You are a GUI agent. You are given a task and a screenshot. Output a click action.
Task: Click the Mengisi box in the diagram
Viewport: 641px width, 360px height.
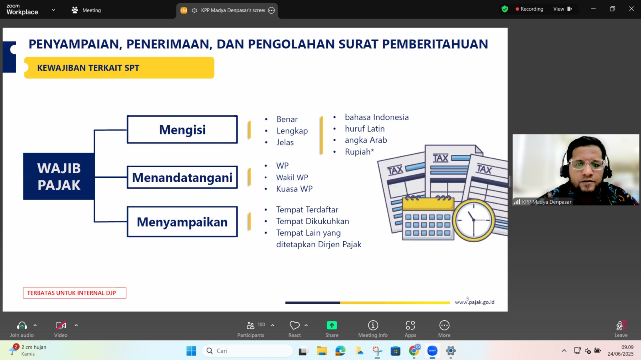(182, 129)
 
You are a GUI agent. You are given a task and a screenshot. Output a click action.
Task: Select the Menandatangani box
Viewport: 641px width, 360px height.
(182, 177)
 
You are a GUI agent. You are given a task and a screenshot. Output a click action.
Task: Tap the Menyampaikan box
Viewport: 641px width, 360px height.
(182, 221)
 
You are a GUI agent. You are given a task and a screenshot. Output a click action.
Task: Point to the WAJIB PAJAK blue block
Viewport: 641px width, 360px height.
(58, 177)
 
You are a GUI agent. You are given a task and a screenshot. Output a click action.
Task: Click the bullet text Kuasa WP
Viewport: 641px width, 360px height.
(294, 189)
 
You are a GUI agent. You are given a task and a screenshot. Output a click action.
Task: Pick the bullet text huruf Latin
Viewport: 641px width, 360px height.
(365, 129)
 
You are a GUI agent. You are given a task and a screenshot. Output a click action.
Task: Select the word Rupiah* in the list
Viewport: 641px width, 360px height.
(359, 151)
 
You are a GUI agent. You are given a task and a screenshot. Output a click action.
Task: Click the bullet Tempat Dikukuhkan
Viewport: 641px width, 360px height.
(312, 221)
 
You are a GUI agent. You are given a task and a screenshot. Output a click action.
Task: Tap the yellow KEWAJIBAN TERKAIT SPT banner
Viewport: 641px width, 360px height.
(119, 68)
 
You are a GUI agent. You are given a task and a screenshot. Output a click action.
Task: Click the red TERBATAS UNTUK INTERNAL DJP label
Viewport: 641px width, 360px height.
(75, 293)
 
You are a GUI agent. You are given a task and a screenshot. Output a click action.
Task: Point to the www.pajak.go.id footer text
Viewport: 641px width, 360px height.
(474, 302)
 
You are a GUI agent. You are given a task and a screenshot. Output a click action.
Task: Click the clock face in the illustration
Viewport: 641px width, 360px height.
(474, 220)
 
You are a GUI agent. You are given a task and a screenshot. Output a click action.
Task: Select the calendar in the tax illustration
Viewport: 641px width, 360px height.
(428, 219)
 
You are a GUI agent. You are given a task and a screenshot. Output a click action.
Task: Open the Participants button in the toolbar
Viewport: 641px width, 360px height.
(251, 329)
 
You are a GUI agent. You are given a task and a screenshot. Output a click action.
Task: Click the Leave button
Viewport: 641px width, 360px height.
(621, 329)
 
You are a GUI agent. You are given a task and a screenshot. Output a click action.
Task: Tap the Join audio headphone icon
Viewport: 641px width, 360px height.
(22, 326)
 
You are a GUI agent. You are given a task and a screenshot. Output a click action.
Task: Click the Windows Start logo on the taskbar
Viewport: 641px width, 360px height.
(191, 350)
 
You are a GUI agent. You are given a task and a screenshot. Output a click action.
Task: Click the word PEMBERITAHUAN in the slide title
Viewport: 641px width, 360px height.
(435, 44)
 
